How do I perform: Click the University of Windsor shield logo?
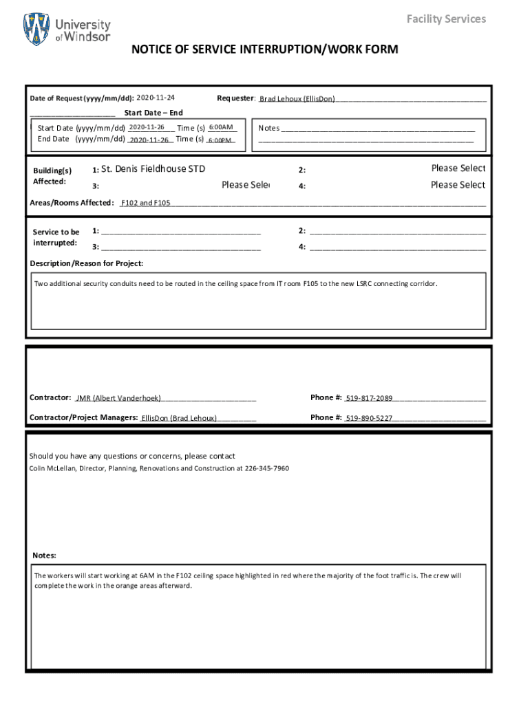37,30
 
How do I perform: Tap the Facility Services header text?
446,19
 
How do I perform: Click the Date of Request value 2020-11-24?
156,98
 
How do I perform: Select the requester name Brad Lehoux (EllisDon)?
297,99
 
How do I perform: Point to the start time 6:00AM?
221,127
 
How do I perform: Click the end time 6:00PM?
220,140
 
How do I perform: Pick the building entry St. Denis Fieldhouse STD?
153,169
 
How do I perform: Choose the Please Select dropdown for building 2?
458,168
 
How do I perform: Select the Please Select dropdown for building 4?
458,185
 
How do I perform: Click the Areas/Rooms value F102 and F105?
145,203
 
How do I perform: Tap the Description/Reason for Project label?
87,263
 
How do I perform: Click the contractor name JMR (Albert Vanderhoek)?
118,398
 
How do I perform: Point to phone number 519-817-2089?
369,398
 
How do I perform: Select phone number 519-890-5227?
369,418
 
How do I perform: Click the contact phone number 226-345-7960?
267,468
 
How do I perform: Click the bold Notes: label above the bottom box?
45,555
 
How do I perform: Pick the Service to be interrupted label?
56,238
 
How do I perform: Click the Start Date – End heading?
153,113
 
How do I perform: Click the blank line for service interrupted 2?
397,232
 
